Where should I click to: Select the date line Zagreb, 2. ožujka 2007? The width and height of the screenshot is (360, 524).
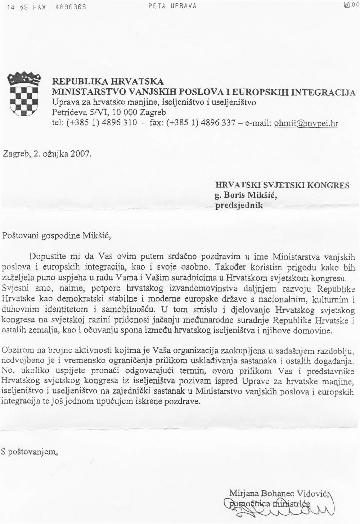point(47,154)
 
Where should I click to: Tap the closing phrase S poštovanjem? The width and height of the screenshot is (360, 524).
point(30,452)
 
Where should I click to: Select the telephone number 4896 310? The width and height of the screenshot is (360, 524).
point(120,122)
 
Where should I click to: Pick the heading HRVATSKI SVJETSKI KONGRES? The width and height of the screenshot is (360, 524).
point(282,185)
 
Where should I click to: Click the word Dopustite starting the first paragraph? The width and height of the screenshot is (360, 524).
point(47,257)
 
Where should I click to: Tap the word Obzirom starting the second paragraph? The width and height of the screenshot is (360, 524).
point(18,350)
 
